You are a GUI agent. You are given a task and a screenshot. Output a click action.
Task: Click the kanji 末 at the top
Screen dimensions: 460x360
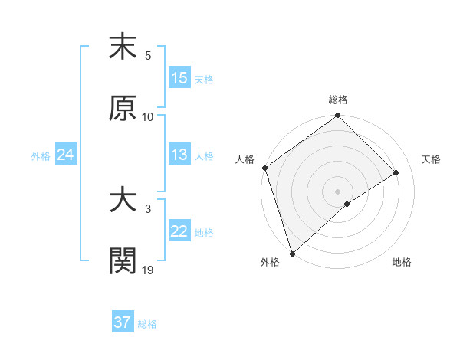(x=123, y=47)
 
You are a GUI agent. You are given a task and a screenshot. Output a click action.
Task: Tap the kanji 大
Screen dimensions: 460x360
(x=123, y=201)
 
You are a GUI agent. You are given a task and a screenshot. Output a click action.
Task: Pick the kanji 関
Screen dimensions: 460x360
(x=123, y=260)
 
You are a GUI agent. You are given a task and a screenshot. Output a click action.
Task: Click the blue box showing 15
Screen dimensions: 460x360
(x=179, y=78)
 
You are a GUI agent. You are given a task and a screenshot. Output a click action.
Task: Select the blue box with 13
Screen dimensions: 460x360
(x=179, y=155)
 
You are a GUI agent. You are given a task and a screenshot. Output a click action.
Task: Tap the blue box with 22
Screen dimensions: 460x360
(x=179, y=231)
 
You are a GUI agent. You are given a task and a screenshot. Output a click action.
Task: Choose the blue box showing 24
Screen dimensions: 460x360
(x=66, y=155)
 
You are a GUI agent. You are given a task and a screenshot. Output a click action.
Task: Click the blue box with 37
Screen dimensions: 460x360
(x=123, y=322)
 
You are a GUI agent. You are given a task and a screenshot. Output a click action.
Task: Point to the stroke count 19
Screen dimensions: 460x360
(x=149, y=270)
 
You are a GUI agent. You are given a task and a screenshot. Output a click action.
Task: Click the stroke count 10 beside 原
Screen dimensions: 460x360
(x=148, y=116)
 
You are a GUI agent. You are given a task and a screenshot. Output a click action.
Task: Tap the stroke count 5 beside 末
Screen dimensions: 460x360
(x=148, y=56)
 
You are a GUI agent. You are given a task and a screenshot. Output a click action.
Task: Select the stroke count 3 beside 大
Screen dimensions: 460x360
(x=148, y=209)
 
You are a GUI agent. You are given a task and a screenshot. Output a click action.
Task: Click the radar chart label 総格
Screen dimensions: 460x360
(x=338, y=100)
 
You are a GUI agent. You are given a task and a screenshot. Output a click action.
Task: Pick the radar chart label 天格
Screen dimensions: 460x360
(x=432, y=159)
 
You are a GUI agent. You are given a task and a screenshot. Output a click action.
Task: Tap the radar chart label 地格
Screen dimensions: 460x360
(x=402, y=263)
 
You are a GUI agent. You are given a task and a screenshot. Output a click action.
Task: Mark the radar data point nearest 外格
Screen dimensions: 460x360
(x=291, y=254)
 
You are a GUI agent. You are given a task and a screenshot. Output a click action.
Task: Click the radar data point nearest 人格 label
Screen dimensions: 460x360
(x=264, y=169)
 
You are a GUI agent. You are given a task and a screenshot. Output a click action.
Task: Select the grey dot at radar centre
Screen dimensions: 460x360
(x=337, y=191)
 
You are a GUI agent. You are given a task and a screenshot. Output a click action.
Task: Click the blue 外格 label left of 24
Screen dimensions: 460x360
(x=41, y=155)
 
